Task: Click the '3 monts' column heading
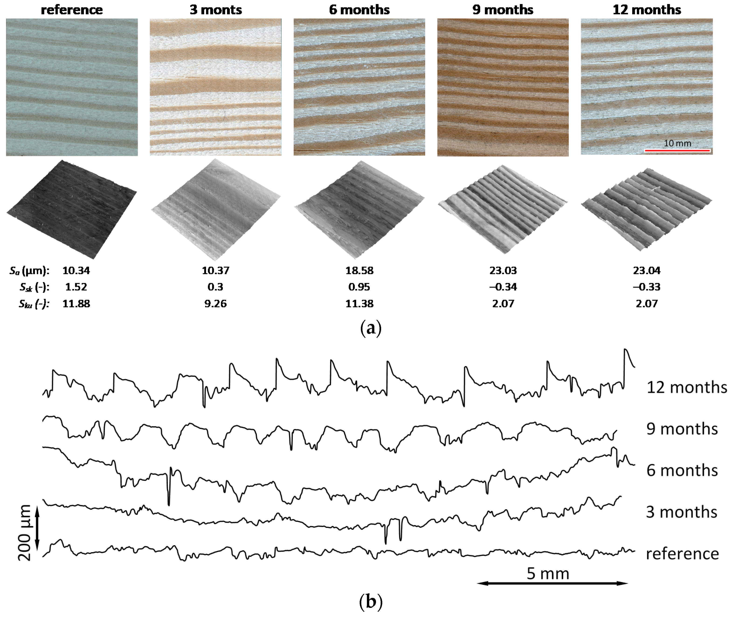pos(215,10)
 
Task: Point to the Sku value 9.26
pos(215,303)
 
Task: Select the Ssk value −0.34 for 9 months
pos(503,287)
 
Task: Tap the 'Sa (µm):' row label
pos(29,270)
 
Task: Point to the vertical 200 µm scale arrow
pos(37,532)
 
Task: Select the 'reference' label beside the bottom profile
pos(682,554)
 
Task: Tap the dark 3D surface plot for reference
pos(72,210)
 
